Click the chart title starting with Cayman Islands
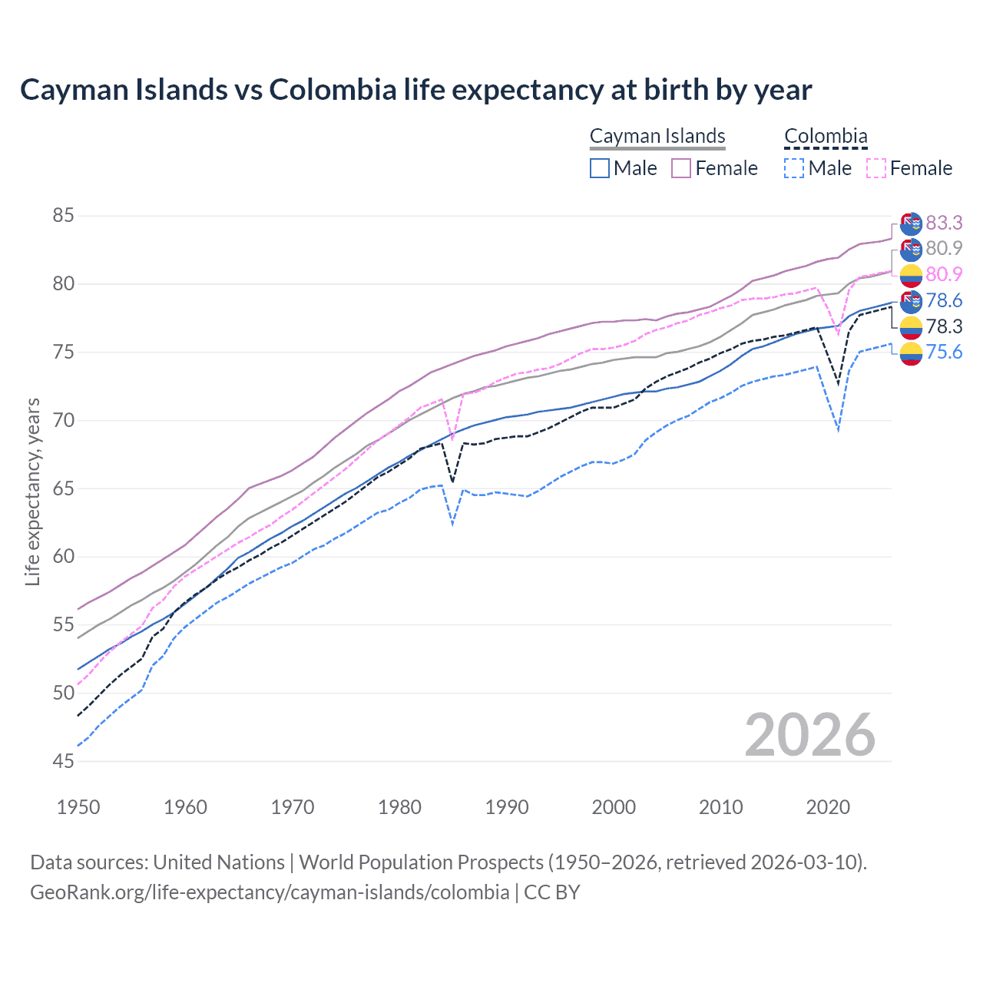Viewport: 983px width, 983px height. click(415, 90)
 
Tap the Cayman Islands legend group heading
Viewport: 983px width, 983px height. click(657, 136)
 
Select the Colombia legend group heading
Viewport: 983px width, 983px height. click(826, 136)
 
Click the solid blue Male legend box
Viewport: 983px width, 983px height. click(600, 168)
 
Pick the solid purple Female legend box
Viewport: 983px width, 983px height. click(681, 168)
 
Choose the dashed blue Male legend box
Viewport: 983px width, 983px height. click(794, 168)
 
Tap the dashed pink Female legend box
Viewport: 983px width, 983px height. click(875, 168)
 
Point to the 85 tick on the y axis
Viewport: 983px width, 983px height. click(63, 216)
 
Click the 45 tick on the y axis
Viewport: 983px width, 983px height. click(63, 761)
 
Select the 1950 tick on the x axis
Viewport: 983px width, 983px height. click(78, 807)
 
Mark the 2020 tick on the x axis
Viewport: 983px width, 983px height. click(828, 807)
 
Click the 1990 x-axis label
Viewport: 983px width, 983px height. click(507, 807)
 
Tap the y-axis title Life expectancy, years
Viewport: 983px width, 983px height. click(32, 491)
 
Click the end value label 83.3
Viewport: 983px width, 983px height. click(944, 223)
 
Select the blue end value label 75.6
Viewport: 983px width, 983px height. click(944, 352)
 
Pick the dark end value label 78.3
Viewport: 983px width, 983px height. click(944, 326)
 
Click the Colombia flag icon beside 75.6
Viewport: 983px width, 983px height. click(911, 353)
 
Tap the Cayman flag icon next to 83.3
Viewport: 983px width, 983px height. click(911, 223)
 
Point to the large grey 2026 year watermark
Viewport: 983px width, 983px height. click(809, 735)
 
